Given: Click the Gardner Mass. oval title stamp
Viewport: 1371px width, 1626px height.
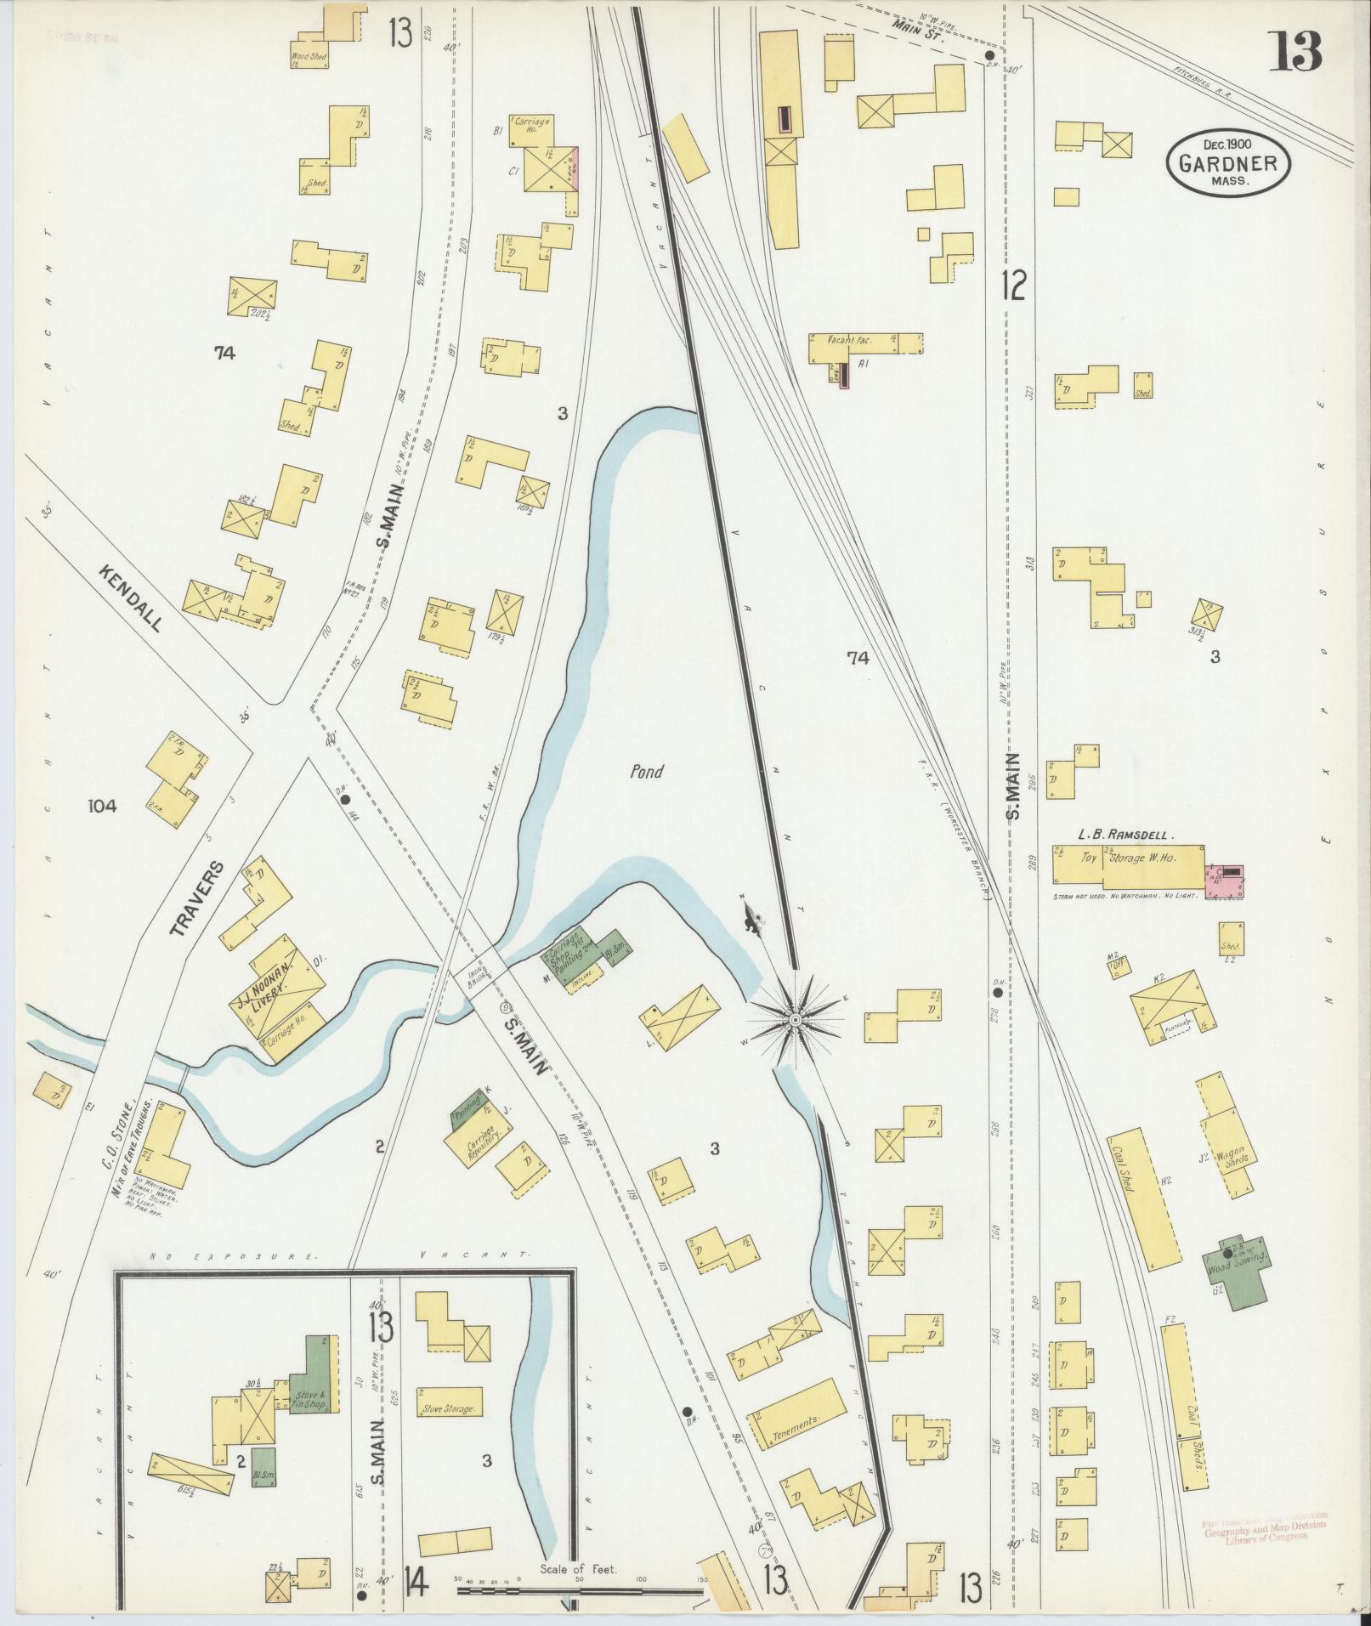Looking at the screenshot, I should pos(1228,161).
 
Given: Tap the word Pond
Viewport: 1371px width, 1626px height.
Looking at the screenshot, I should pos(646,772).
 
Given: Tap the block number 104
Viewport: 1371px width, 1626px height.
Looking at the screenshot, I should pos(102,806).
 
